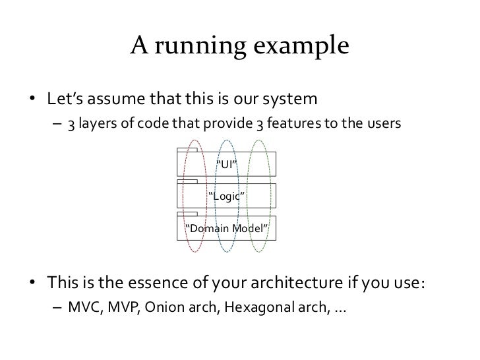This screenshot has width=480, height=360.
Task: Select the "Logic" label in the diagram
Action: tap(227, 195)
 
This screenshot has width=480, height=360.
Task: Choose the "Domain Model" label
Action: tap(227, 228)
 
